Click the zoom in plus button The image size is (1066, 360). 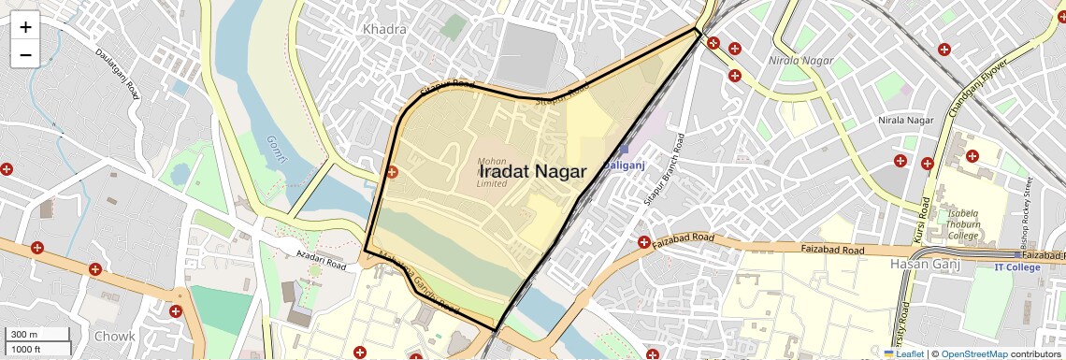(25, 27)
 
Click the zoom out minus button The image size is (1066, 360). (25, 54)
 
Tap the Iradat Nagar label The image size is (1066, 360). (533, 172)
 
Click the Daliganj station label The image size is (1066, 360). (624, 165)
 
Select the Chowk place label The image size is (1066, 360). (114, 336)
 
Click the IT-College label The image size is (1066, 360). (1016, 267)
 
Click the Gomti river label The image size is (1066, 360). (276, 148)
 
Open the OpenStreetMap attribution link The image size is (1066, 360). (973, 353)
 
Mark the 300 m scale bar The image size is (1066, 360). (36, 335)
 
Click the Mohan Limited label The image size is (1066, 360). (492, 172)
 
